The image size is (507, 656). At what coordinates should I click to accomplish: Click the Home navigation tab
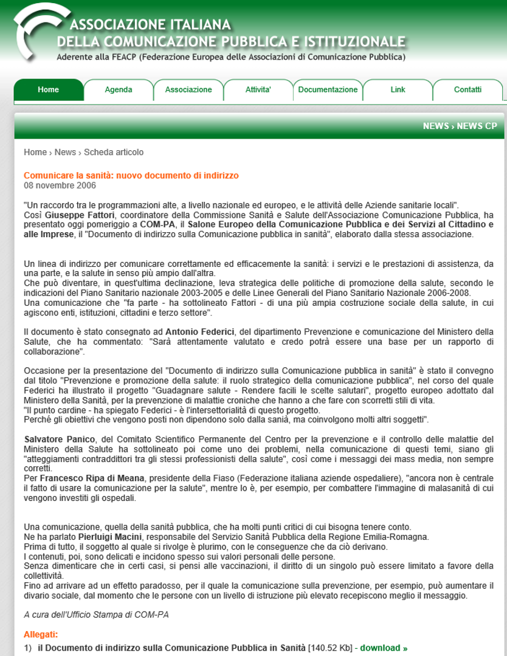[x=49, y=90]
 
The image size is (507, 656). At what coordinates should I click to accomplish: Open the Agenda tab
[x=119, y=90]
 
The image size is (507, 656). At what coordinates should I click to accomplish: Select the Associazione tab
[x=188, y=90]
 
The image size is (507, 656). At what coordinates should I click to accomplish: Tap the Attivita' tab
[x=258, y=90]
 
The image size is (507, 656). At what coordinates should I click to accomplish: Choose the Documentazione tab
[x=328, y=90]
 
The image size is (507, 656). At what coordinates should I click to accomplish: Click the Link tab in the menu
[x=398, y=90]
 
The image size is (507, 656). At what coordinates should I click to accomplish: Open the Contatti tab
[x=467, y=90]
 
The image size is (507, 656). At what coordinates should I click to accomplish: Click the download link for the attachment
[x=384, y=648]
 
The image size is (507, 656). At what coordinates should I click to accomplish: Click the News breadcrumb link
[x=65, y=152]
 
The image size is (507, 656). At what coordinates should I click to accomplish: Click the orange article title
[x=131, y=175]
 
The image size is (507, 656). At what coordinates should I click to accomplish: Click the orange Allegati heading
[x=41, y=635]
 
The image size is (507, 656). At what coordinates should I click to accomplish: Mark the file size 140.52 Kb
[x=330, y=648]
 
